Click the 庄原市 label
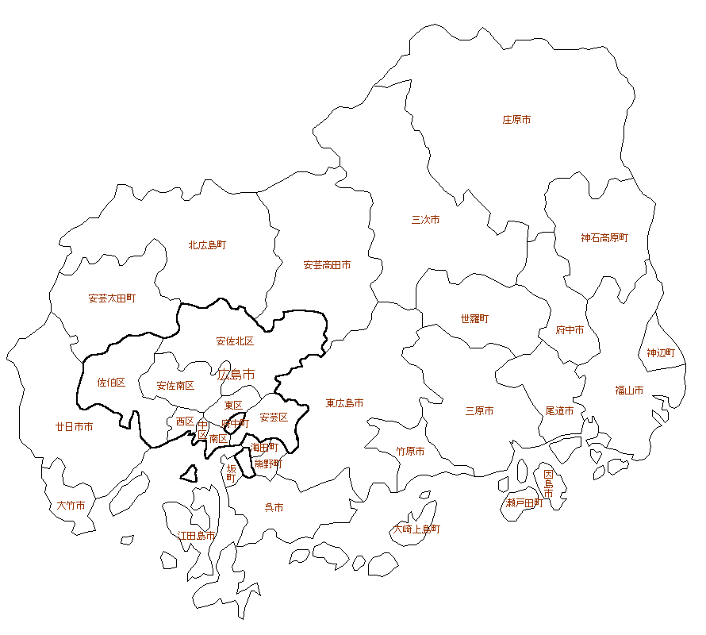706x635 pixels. pyautogui.click(x=516, y=120)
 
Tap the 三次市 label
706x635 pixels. pyautogui.click(x=425, y=220)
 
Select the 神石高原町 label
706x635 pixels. pyautogui.click(x=604, y=237)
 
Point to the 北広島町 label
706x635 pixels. pyautogui.click(x=207, y=245)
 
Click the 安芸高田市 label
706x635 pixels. pyautogui.click(x=327, y=265)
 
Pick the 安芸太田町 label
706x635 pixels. pyautogui.click(x=112, y=298)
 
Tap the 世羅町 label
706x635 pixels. pyautogui.click(x=474, y=319)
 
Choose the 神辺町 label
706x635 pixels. pyautogui.click(x=661, y=352)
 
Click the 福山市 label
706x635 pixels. pyautogui.click(x=629, y=391)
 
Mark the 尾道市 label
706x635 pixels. pyautogui.click(x=559, y=411)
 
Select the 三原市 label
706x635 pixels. pyautogui.click(x=479, y=411)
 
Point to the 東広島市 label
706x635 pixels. pyautogui.click(x=344, y=404)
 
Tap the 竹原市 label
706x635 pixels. pyautogui.click(x=410, y=452)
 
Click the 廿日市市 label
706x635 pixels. pyautogui.click(x=74, y=427)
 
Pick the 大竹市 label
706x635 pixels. pyautogui.click(x=71, y=505)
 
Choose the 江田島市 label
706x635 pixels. pyautogui.click(x=196, y=536)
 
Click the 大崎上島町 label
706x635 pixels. pyautogui.click(x=417, y=529)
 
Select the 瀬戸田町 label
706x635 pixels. pyautogui.click(x=524, y=503)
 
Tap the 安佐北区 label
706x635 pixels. pyautogui.click(x=235, y=341)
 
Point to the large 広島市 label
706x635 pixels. pyautogui.click(x=236, y=374)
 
